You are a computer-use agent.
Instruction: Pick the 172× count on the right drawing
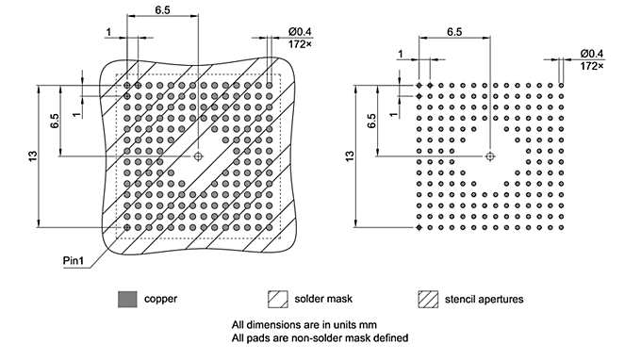click(592, 66)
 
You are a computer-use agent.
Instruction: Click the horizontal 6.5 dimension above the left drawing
click(162, 9)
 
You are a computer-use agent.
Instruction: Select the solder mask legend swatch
click(279, 300)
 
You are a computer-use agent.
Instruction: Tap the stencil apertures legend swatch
click(430, 300)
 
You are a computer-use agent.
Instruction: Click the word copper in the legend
click(160, 300)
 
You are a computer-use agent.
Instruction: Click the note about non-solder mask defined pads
click(320, 338)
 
